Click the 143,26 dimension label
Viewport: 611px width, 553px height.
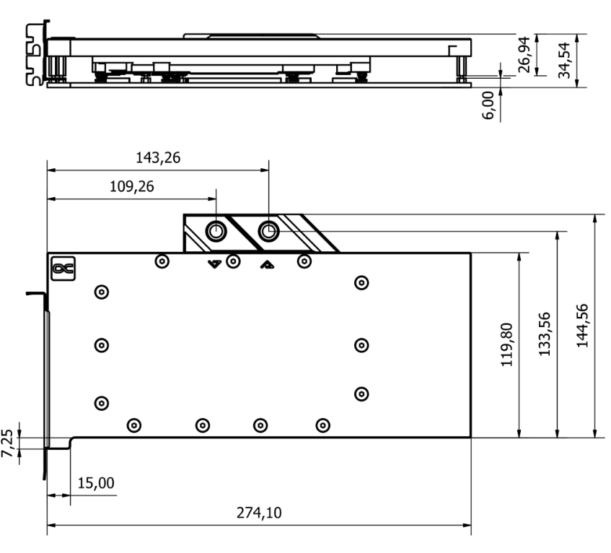[x=158, y=157]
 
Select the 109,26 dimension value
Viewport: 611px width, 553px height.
[x=132, y=186]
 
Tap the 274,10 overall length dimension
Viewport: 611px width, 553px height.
[x=259, y=513]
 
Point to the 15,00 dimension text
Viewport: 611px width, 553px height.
[x=96, y=483]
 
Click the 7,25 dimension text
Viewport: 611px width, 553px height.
[x=7, y=443]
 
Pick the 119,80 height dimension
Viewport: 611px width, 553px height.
[x=506, y=345]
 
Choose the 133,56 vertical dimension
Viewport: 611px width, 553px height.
[x=545, y=334]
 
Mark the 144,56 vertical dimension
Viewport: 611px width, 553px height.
[x=581, y=326]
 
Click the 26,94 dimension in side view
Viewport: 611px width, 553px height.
[x=524, y=55]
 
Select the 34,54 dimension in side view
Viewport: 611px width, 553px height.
[x=564, y=61]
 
